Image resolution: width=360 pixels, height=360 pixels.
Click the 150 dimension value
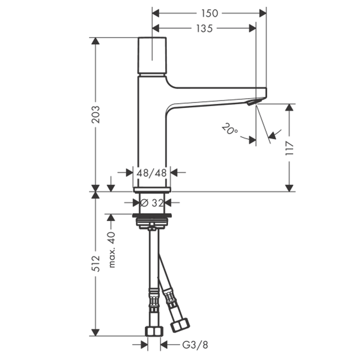pyautogui.click(x=210, y=13)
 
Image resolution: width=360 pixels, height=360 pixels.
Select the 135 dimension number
pyautogui.click(x=204, y=28)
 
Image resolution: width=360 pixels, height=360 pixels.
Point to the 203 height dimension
pyautogui.click(x=96, y=114)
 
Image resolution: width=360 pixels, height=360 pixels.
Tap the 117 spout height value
pyautogui.click(x=289, y=148)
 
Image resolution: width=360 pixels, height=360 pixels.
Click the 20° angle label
pyautogui.click(x=230, y=129)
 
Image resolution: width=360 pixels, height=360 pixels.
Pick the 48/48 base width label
pyautogui.click(x=152, y=173)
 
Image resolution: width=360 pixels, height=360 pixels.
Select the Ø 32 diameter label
pyautogui.click(x=152, y=203)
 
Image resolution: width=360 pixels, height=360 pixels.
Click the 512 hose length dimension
pyautogui.click(x=96, y=264)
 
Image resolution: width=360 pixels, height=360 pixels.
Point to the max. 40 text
pyautogui.click(x=112, y=250)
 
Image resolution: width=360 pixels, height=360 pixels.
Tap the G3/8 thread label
pyautogui.click(x=195, y=345)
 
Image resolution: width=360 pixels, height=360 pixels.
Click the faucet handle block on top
pyautogui.click(x=152, y=55)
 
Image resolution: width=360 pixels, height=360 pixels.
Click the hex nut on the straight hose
pyautogui.click(x=154, y=331)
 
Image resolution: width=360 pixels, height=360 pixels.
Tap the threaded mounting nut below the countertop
pyautogui.click(x=152, y=221)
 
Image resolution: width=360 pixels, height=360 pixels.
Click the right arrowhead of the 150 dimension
pyautogui.click(x=263, y=13)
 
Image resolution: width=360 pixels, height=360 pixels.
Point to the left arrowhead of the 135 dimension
pyautogui.click(x=156, y=28)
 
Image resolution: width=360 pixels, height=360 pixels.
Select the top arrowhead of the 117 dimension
pyautogui.click(x=289, y=107)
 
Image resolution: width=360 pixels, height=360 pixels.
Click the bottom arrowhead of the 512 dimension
pyautogui.click(x=95, y=332)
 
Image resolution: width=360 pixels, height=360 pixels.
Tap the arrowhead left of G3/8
pyautogui.click(x=144, y=345)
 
